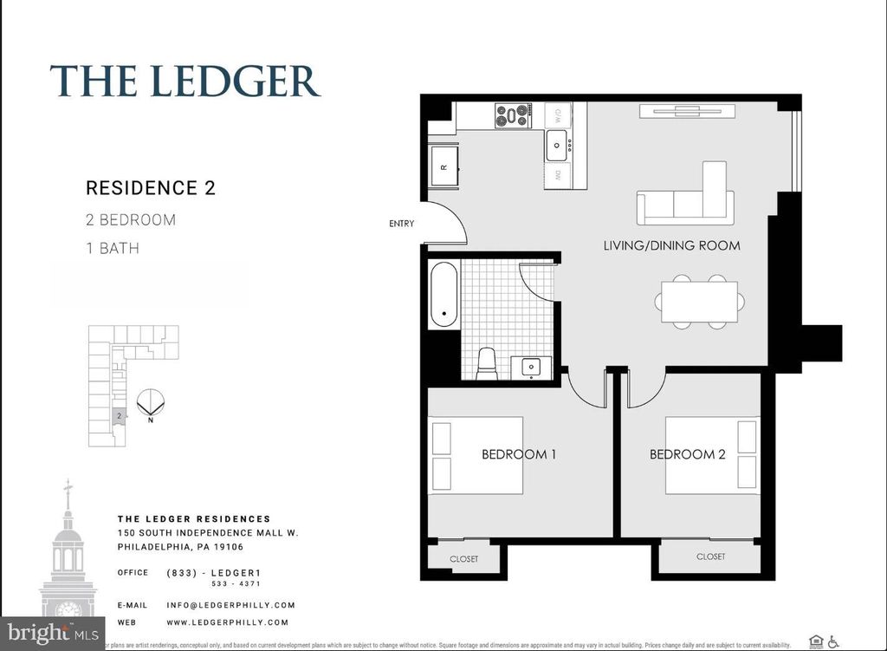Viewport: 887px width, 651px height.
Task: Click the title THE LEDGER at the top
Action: click(185, 81)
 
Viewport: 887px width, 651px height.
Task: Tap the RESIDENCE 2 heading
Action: click(151, 188)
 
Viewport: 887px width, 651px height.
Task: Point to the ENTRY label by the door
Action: click(401, 224)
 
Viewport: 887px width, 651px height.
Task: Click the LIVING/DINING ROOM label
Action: click(671, 245)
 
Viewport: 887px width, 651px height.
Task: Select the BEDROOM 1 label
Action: click(519, 454)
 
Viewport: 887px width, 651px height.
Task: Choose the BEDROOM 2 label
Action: click(687, 454)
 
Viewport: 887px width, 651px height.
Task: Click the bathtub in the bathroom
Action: click(444, 296)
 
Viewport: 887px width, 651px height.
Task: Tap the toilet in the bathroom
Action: click(487, 363)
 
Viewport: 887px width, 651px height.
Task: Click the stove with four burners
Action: click(513, 115)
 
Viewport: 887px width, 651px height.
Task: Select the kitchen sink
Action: click(556, 145)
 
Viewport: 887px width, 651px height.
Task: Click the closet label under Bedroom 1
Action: click(464, 559)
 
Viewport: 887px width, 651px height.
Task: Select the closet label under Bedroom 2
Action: click(710, 557)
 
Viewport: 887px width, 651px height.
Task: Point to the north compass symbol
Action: click(151, 402)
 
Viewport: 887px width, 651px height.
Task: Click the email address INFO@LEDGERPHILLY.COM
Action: click(230, 605)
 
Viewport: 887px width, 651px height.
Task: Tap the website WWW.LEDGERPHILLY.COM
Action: click(227, 622)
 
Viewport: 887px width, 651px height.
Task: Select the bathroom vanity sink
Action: click(528, 367)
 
